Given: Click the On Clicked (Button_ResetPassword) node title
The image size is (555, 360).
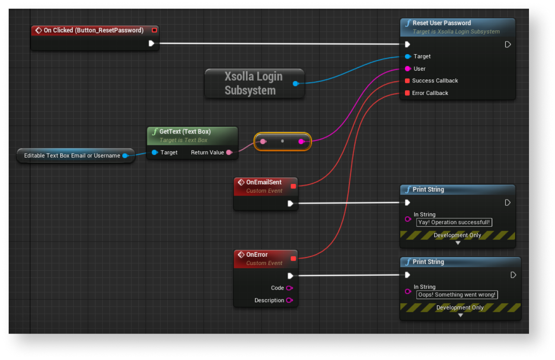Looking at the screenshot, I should [x=93, y=30].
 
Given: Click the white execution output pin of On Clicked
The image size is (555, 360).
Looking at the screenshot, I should [x=151, y=43].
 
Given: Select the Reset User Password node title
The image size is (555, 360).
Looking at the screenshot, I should [x=441, y=23].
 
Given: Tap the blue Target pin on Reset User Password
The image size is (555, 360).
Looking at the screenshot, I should [x=408, y=56].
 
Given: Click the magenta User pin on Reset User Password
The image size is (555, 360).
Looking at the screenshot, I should [x=408, y=69].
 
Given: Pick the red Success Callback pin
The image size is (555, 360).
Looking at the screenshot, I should [x=407, y=81].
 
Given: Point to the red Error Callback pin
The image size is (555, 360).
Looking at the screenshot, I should [x=407, y=93].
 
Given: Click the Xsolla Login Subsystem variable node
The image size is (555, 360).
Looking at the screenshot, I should [x=254, y=83].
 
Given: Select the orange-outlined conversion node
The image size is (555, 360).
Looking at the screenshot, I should [x=282, y=141].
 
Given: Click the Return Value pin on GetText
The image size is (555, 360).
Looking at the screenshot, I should [x=229, y=152].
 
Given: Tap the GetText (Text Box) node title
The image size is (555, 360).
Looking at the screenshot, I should [x=185, y=131].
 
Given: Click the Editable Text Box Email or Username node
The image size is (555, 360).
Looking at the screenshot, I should [x=72, y=156].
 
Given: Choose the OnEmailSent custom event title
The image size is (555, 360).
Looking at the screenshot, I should [x=264, y=182].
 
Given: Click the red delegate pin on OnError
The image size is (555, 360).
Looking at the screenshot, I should [x=293, y=259].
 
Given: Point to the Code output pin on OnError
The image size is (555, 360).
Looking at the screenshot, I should [x=289, y=288].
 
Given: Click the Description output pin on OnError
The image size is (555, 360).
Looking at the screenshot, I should [x=289, y=300].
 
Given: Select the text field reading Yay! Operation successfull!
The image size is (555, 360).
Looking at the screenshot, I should [x=454, y=223].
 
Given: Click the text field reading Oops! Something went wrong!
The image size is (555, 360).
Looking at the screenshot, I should [x=457, y=295].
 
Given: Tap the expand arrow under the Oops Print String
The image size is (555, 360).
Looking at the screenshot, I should [x=460, y=315].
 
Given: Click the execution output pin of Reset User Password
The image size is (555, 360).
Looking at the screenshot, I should [x=508, y=44].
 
